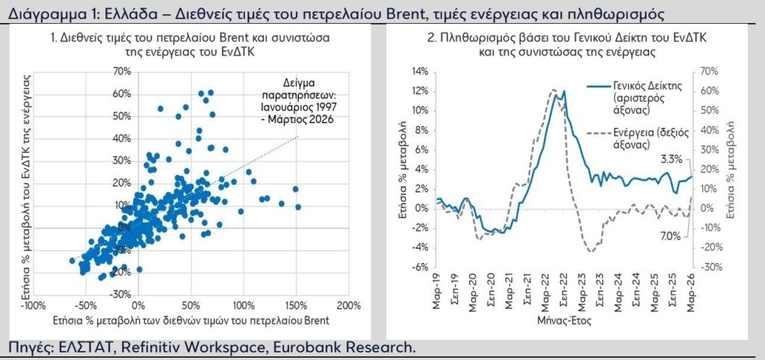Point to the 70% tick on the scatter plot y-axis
coord(122,71)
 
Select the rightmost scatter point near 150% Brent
coord(298,207)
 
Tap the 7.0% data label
coord(670,236)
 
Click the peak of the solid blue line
coord(564,91)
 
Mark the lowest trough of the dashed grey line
coord(590,251)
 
